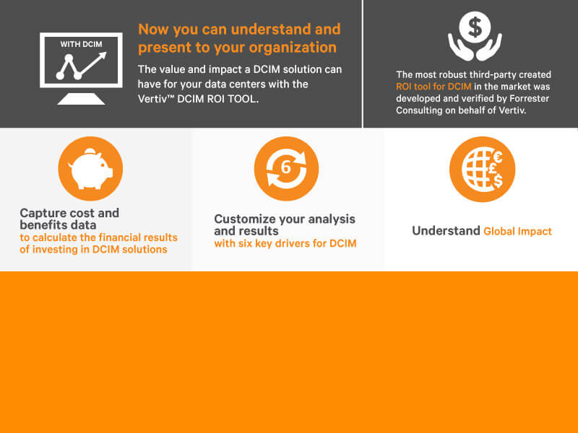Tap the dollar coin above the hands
[x=475, y=28]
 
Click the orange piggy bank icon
[x=90, y=169]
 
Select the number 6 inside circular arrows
[x=286, y=168]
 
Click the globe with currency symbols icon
[x=481, y=169]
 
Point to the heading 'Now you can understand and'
[x=239, y=30]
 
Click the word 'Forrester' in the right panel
[x=522, y=100]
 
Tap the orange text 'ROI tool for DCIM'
[x=429, y=87]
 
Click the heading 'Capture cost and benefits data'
[x=69, y=219]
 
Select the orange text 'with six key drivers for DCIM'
[x=285, y=244]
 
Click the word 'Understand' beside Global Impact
[x=446, y=231]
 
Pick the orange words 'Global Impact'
[x=517, y=232]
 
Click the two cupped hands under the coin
[x=475, y=48]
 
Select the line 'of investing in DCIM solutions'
[x=94, y=250]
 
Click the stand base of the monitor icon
[x=80, y=99]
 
